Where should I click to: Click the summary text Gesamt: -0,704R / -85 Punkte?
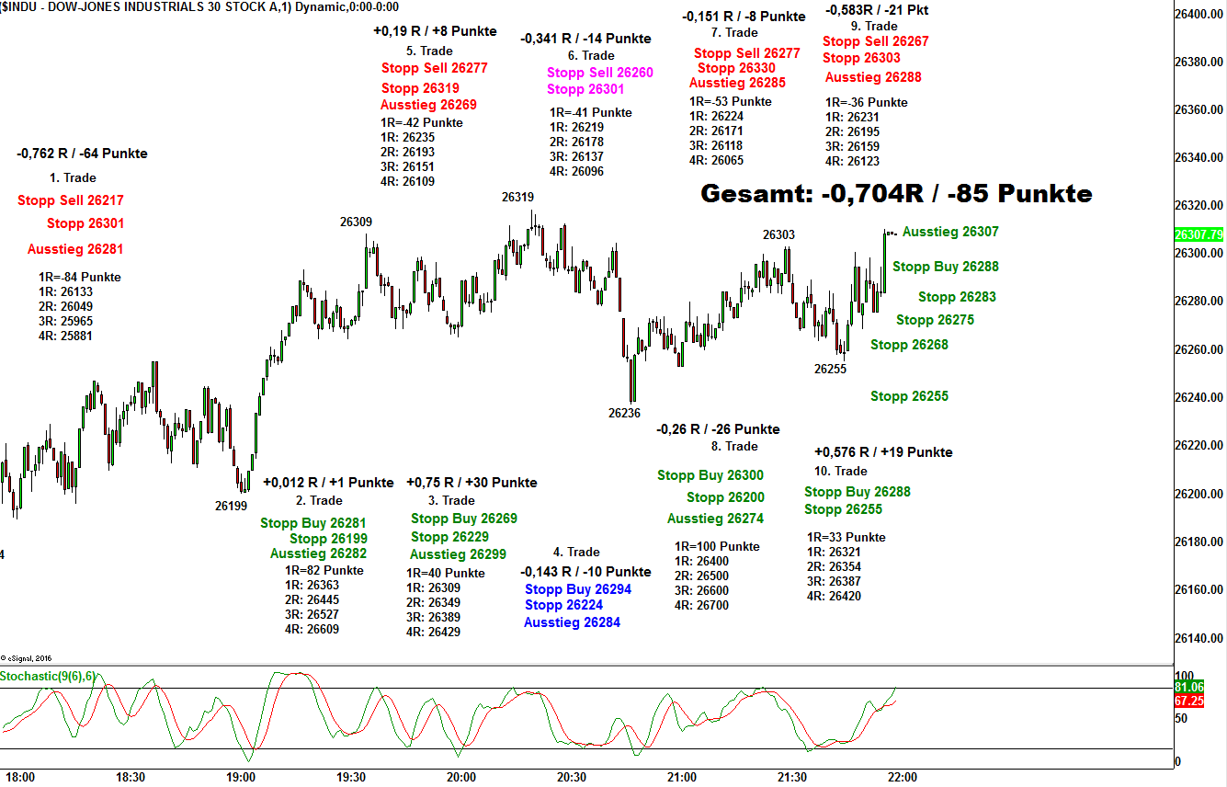tap(896, 194)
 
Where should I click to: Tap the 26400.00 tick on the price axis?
tap(1199, 14)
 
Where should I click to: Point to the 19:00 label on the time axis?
tap(241, 777)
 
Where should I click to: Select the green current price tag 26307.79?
tap(1199, 234)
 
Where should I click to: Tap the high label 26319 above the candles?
tap(517, 197)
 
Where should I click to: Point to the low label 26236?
tap(624, 413)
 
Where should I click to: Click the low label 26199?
tap(231, 505)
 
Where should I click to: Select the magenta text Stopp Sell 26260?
tap(600, 73)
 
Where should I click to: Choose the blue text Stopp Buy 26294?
tap(578, 588)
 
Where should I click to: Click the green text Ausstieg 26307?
tap(950, 233)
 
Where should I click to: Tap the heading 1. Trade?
tap(73, 177)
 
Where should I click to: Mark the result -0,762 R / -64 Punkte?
tap(82, 154)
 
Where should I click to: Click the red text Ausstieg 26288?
tap(873, 77)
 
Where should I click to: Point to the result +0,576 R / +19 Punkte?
tap(883, 451)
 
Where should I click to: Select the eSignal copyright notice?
tap(26, 657)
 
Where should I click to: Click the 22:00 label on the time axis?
tap(903, 777)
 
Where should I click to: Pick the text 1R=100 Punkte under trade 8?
tap(717, 546)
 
